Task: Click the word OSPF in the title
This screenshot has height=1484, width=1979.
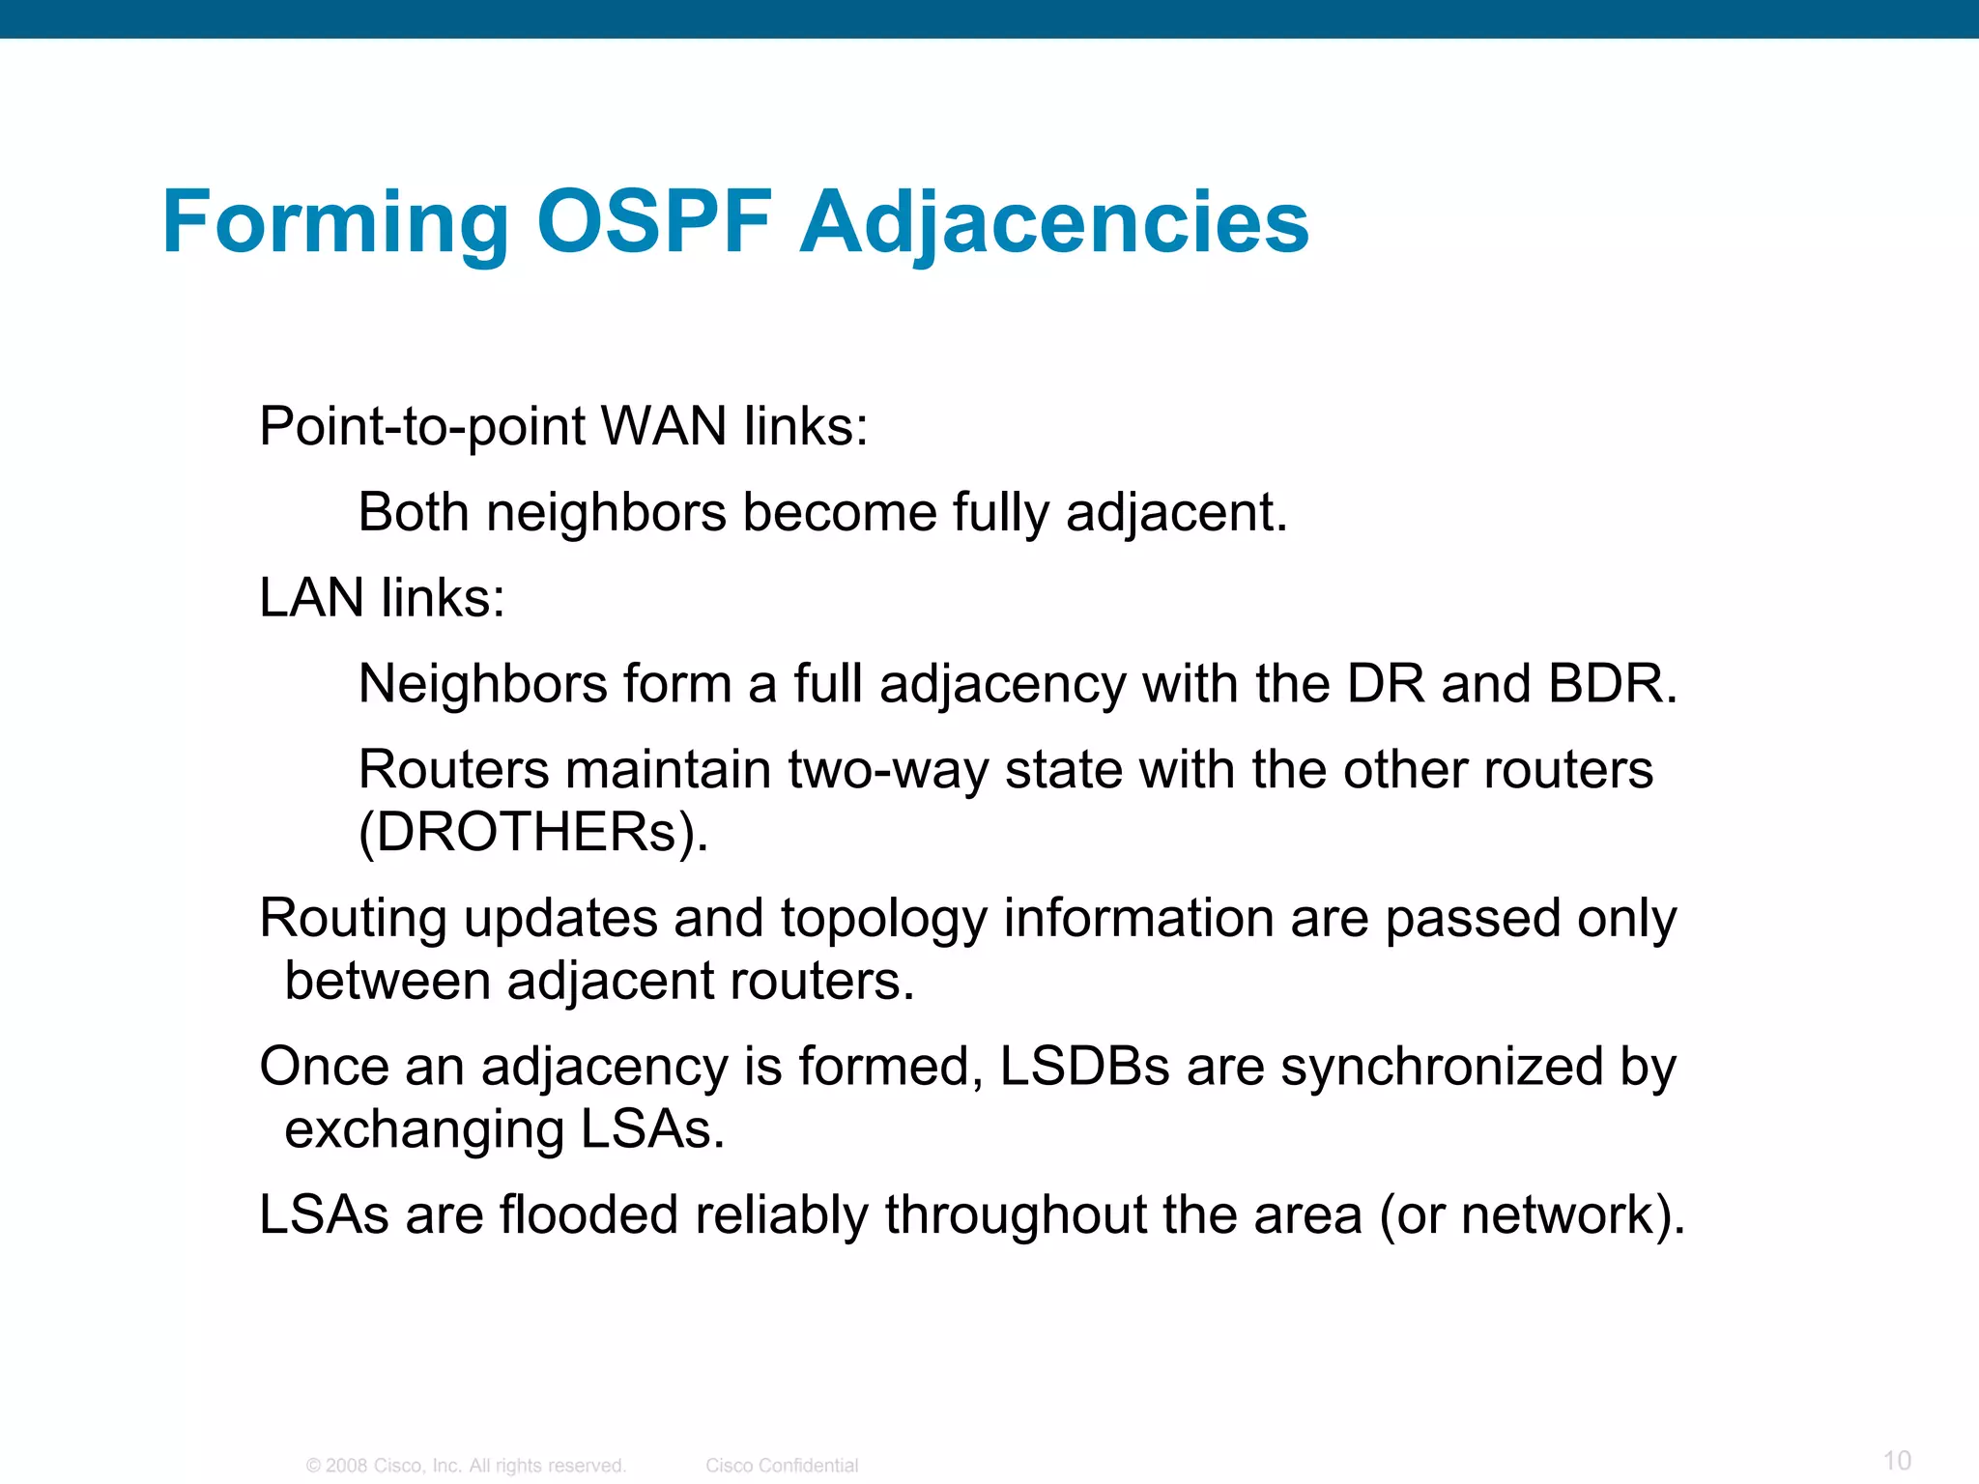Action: (x=654, y=222)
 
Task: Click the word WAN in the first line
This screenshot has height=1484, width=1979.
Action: (x=663, y=426)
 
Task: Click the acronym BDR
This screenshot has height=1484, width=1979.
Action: (x=1612, y=683)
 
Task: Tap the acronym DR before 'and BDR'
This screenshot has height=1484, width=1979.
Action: (x=1386, y=683)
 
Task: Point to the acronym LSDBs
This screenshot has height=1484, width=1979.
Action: (x=1084, y=1067)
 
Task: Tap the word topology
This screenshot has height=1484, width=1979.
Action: (x=883, y=920)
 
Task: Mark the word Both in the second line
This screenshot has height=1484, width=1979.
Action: (x=414, y=512)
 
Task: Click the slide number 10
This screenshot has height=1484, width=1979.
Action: (x=1897, y=1460)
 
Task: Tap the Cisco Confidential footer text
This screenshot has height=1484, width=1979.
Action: (x=782, y=1466)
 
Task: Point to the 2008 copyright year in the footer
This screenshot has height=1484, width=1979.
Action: (x=346, y=1466)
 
